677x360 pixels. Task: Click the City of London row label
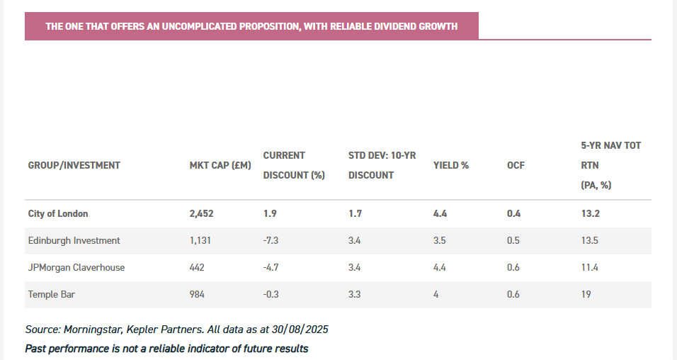58,213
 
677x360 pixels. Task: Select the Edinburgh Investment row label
74,240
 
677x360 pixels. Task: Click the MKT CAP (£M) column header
220,165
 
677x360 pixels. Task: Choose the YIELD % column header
451,165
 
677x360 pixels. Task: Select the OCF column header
516,165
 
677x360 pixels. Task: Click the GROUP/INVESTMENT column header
74,165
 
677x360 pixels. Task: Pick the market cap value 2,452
201,213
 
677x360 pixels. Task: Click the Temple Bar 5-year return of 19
586,294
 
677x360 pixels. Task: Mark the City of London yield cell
440,213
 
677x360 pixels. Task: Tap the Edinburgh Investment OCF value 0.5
513,240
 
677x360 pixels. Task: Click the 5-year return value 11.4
589,267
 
